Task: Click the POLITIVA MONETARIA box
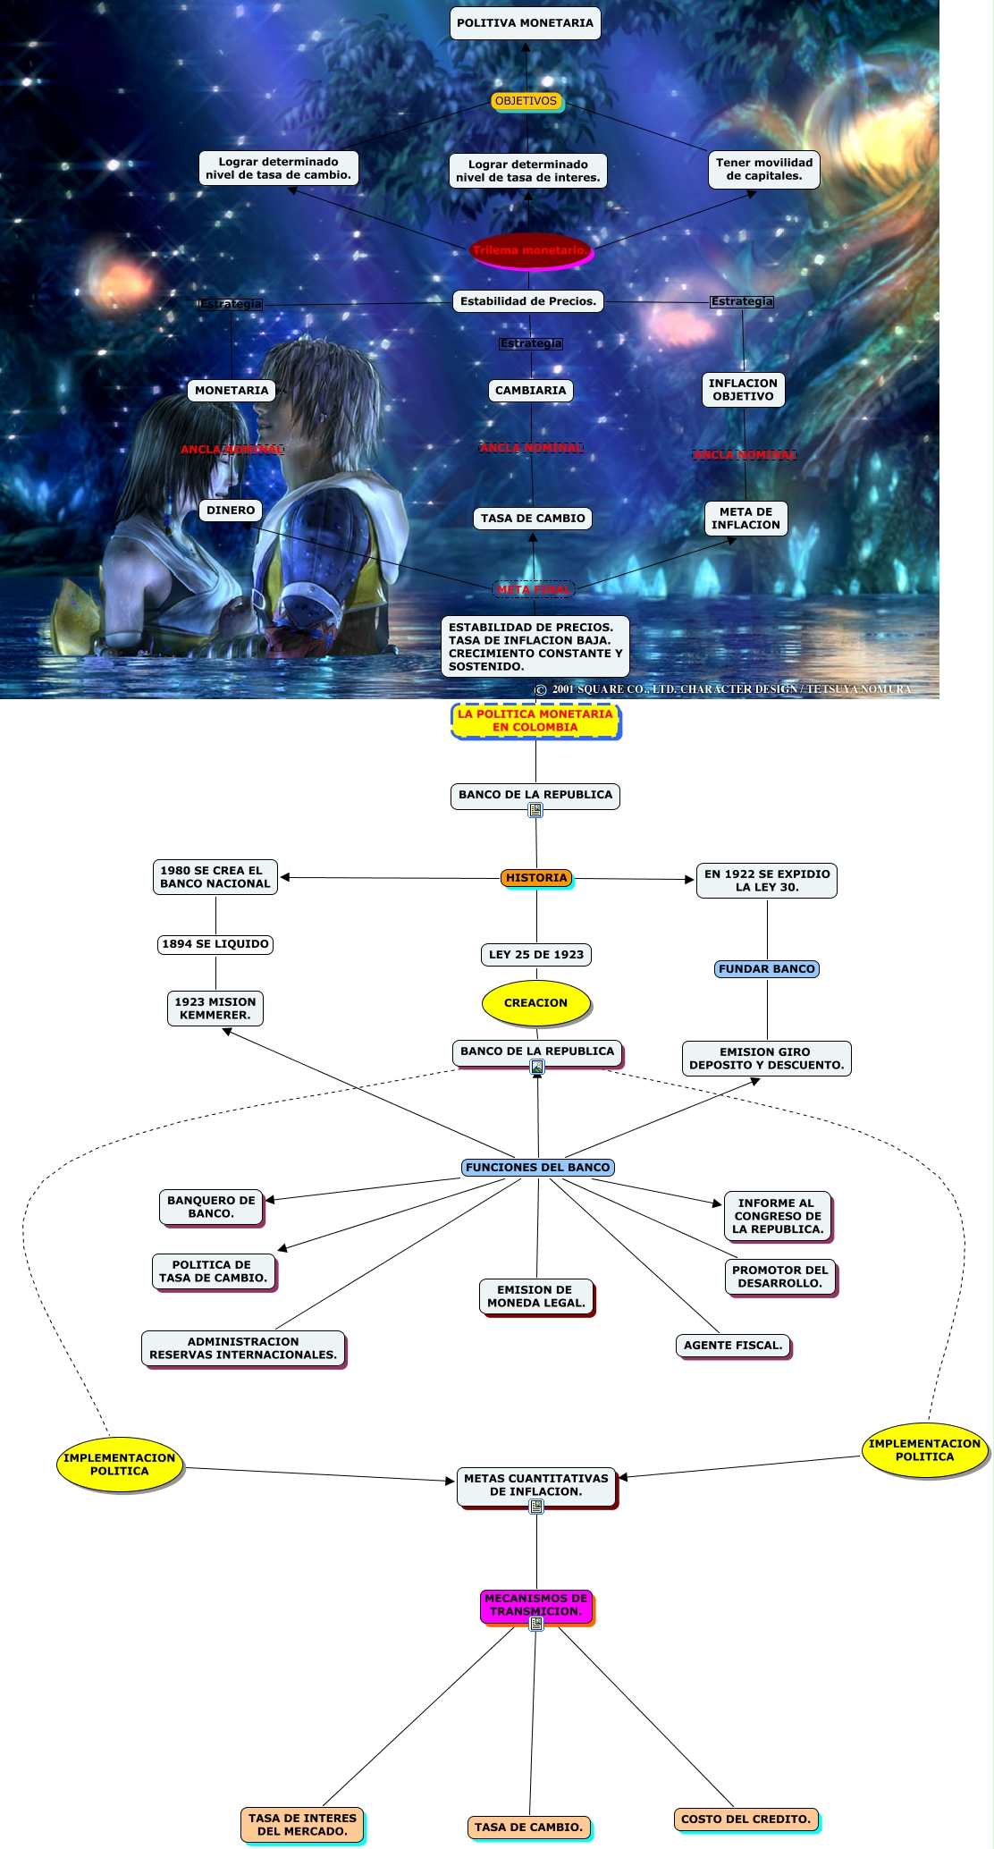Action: [525, 23]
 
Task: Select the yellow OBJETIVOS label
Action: [526, 101]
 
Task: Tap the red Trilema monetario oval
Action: [530, 250]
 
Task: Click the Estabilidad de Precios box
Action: [528, 301]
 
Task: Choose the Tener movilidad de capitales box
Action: [764, 169]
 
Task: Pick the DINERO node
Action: [231, 511]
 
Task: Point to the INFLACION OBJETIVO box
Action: [743, 390]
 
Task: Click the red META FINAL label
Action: [534, 589]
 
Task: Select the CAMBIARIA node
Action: [531, 391]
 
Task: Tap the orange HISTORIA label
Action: [536, 878]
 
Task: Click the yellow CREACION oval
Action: [536, 1003]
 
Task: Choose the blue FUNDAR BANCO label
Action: [767, 969]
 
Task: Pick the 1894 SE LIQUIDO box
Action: [215, 944]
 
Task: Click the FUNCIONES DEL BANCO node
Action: [538, 1168]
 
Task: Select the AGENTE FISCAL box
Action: [733, 1346]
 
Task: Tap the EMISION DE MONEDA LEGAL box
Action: [536, 1296]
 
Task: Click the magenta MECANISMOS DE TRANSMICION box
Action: [536, 1605]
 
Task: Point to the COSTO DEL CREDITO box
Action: [746, 1819]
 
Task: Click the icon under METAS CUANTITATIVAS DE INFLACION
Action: [536, 1507]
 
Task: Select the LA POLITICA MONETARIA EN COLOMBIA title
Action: [535, 721]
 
